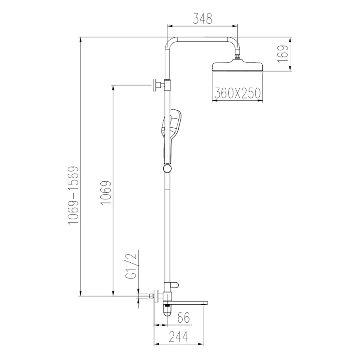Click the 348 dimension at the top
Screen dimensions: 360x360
(x=202, y=18)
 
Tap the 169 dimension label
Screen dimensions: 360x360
(x=283, y=54)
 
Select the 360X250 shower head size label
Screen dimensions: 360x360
(x=238, y=93)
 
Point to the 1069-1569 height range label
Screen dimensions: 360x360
(x=74, y=195)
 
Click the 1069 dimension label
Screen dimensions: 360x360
(x=106, y=193)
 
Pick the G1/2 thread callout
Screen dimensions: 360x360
(x=131, y=266)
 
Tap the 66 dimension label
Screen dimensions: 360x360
(x=184, y=318)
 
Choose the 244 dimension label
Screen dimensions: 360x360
(x=178, y=337)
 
